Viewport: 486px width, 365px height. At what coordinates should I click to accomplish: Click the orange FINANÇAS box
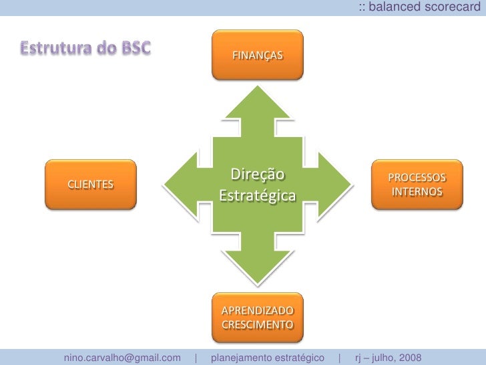(257, 53)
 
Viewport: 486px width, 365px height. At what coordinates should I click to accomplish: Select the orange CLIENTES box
(89, 185)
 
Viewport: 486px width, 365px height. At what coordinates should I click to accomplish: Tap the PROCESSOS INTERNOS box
(417, 185)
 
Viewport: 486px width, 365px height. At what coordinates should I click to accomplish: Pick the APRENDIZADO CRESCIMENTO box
(257, 318)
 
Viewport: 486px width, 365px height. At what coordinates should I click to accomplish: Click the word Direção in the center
(258, 175)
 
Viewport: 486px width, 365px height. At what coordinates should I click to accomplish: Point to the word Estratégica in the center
(258, 197)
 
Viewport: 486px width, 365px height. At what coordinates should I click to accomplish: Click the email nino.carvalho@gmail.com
(122, 358)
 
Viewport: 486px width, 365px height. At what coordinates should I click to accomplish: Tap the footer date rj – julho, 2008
(387, 358)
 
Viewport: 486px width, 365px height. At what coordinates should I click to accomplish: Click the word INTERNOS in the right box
(417, 192)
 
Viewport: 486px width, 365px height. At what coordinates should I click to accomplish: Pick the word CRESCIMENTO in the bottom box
(257, 325)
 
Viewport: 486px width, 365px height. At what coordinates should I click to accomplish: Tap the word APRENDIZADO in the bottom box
(257, 311)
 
